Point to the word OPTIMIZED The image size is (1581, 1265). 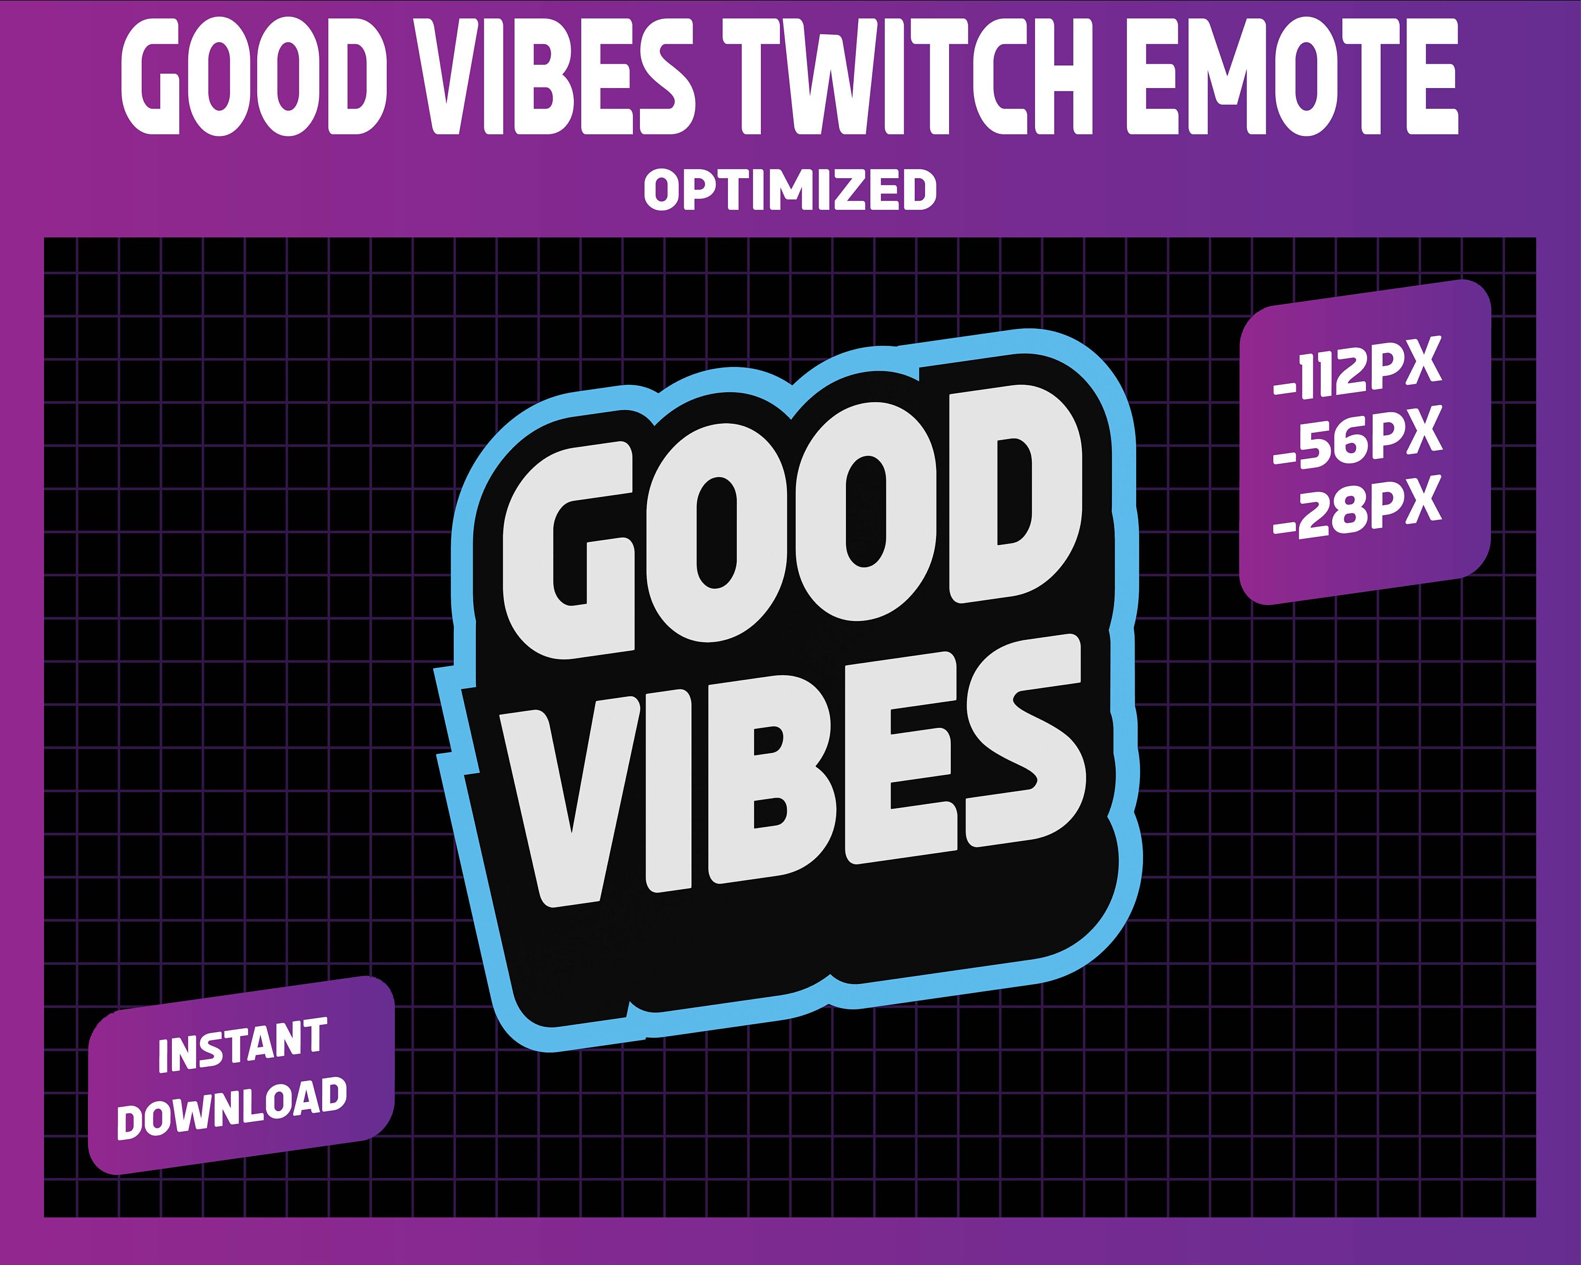click(790, 189)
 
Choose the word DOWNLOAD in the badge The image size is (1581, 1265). click(232, 1107)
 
